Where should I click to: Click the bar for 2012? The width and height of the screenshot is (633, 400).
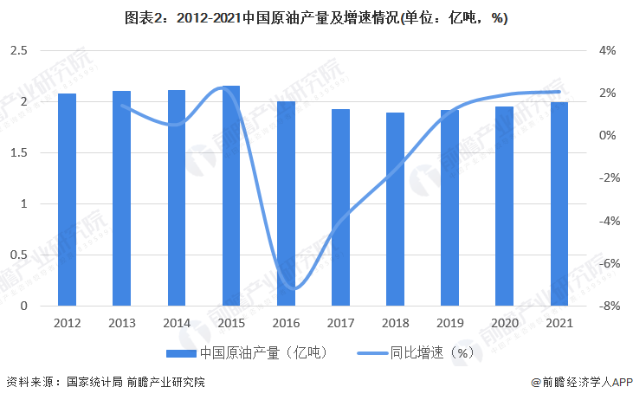[67, 199]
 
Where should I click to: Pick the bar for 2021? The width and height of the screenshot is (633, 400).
[559, 203]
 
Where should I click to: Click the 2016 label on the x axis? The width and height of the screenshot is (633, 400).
[286, 323]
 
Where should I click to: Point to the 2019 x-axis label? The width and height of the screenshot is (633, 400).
[450, 323]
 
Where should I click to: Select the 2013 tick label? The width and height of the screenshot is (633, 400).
[121, 323]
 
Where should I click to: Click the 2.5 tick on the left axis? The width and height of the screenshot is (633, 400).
[19, 51]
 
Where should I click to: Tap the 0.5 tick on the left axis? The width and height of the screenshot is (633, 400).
[19, 255]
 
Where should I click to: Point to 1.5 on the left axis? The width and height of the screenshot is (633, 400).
[19, 153]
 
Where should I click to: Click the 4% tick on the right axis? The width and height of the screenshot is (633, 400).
[606, 51]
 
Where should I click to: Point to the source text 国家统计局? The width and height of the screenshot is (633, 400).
[94, 382]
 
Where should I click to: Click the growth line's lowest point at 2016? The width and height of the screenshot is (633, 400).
[294, 288]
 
